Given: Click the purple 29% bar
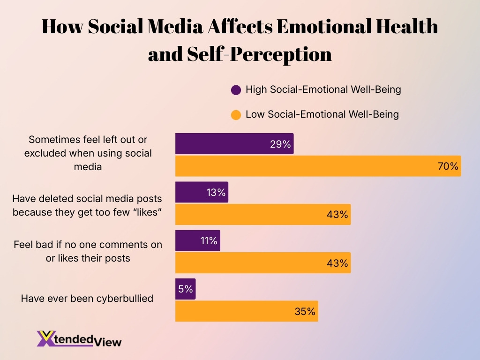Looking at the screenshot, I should coord(234,143).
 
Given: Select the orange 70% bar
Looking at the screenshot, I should coord(318,166).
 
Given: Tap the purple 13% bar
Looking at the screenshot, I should coord(202,192).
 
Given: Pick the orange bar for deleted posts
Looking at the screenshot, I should coord(262,214).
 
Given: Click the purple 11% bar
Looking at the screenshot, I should coord(197,241).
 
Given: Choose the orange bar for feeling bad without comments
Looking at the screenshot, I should coord(262,263).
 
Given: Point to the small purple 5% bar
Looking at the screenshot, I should coord(185,289).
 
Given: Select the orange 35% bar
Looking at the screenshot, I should coord(247,311).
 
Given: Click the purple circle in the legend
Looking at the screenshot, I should coord(236,90).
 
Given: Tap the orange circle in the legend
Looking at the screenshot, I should coord(236,114).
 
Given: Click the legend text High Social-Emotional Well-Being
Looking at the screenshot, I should coord(323,89).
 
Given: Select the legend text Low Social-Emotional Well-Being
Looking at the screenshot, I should coord(322,114).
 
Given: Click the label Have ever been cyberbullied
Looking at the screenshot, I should coord(87,298).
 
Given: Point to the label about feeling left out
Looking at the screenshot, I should coord(87,153).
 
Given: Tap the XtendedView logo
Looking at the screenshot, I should coord(79,338).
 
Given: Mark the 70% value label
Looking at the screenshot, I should coord(448,166).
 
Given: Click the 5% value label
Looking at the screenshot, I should coord(186,289).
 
